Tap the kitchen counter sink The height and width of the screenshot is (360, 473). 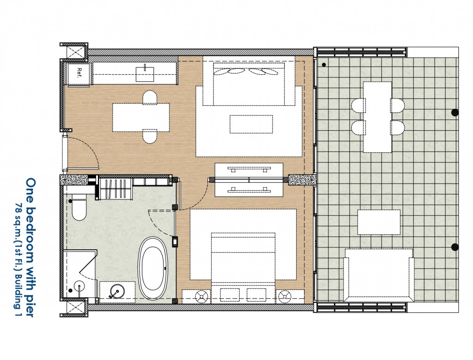[x=145, y=74]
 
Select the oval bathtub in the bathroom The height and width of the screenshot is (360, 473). [x=153, y=268]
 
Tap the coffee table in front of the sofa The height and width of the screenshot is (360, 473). [x=251, y=124]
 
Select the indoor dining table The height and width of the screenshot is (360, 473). [x=141, y=117]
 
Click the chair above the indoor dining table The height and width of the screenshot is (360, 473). [x=150, y=97]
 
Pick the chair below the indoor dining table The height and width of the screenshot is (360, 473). [x=150, y=136]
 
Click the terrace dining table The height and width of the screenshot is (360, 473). [x=377, y=117]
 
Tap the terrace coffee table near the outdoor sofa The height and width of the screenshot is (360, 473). [x=379, y=222]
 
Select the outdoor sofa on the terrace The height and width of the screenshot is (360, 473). [x=379, y=275]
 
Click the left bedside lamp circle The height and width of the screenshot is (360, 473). [x=202, y=296]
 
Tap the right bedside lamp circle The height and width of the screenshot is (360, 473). [x=285, y=296]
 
